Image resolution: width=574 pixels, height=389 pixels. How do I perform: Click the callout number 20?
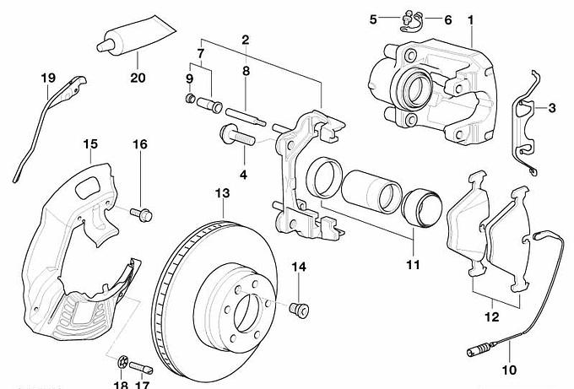coord(138,78)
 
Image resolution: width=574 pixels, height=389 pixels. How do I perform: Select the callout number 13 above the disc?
coord(222,194)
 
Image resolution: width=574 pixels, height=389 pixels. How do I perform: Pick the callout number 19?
coord(48,78)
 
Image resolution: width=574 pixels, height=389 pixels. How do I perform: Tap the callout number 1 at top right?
coord(470,18)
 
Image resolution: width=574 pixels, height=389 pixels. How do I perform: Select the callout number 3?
coord(552,107)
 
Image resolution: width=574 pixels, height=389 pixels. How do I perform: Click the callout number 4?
coord(243,176)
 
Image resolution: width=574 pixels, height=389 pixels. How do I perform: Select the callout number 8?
coord(246,73)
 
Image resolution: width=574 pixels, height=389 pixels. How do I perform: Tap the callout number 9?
coord(190,78)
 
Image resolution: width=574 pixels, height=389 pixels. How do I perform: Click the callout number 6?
coord(447,19)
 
